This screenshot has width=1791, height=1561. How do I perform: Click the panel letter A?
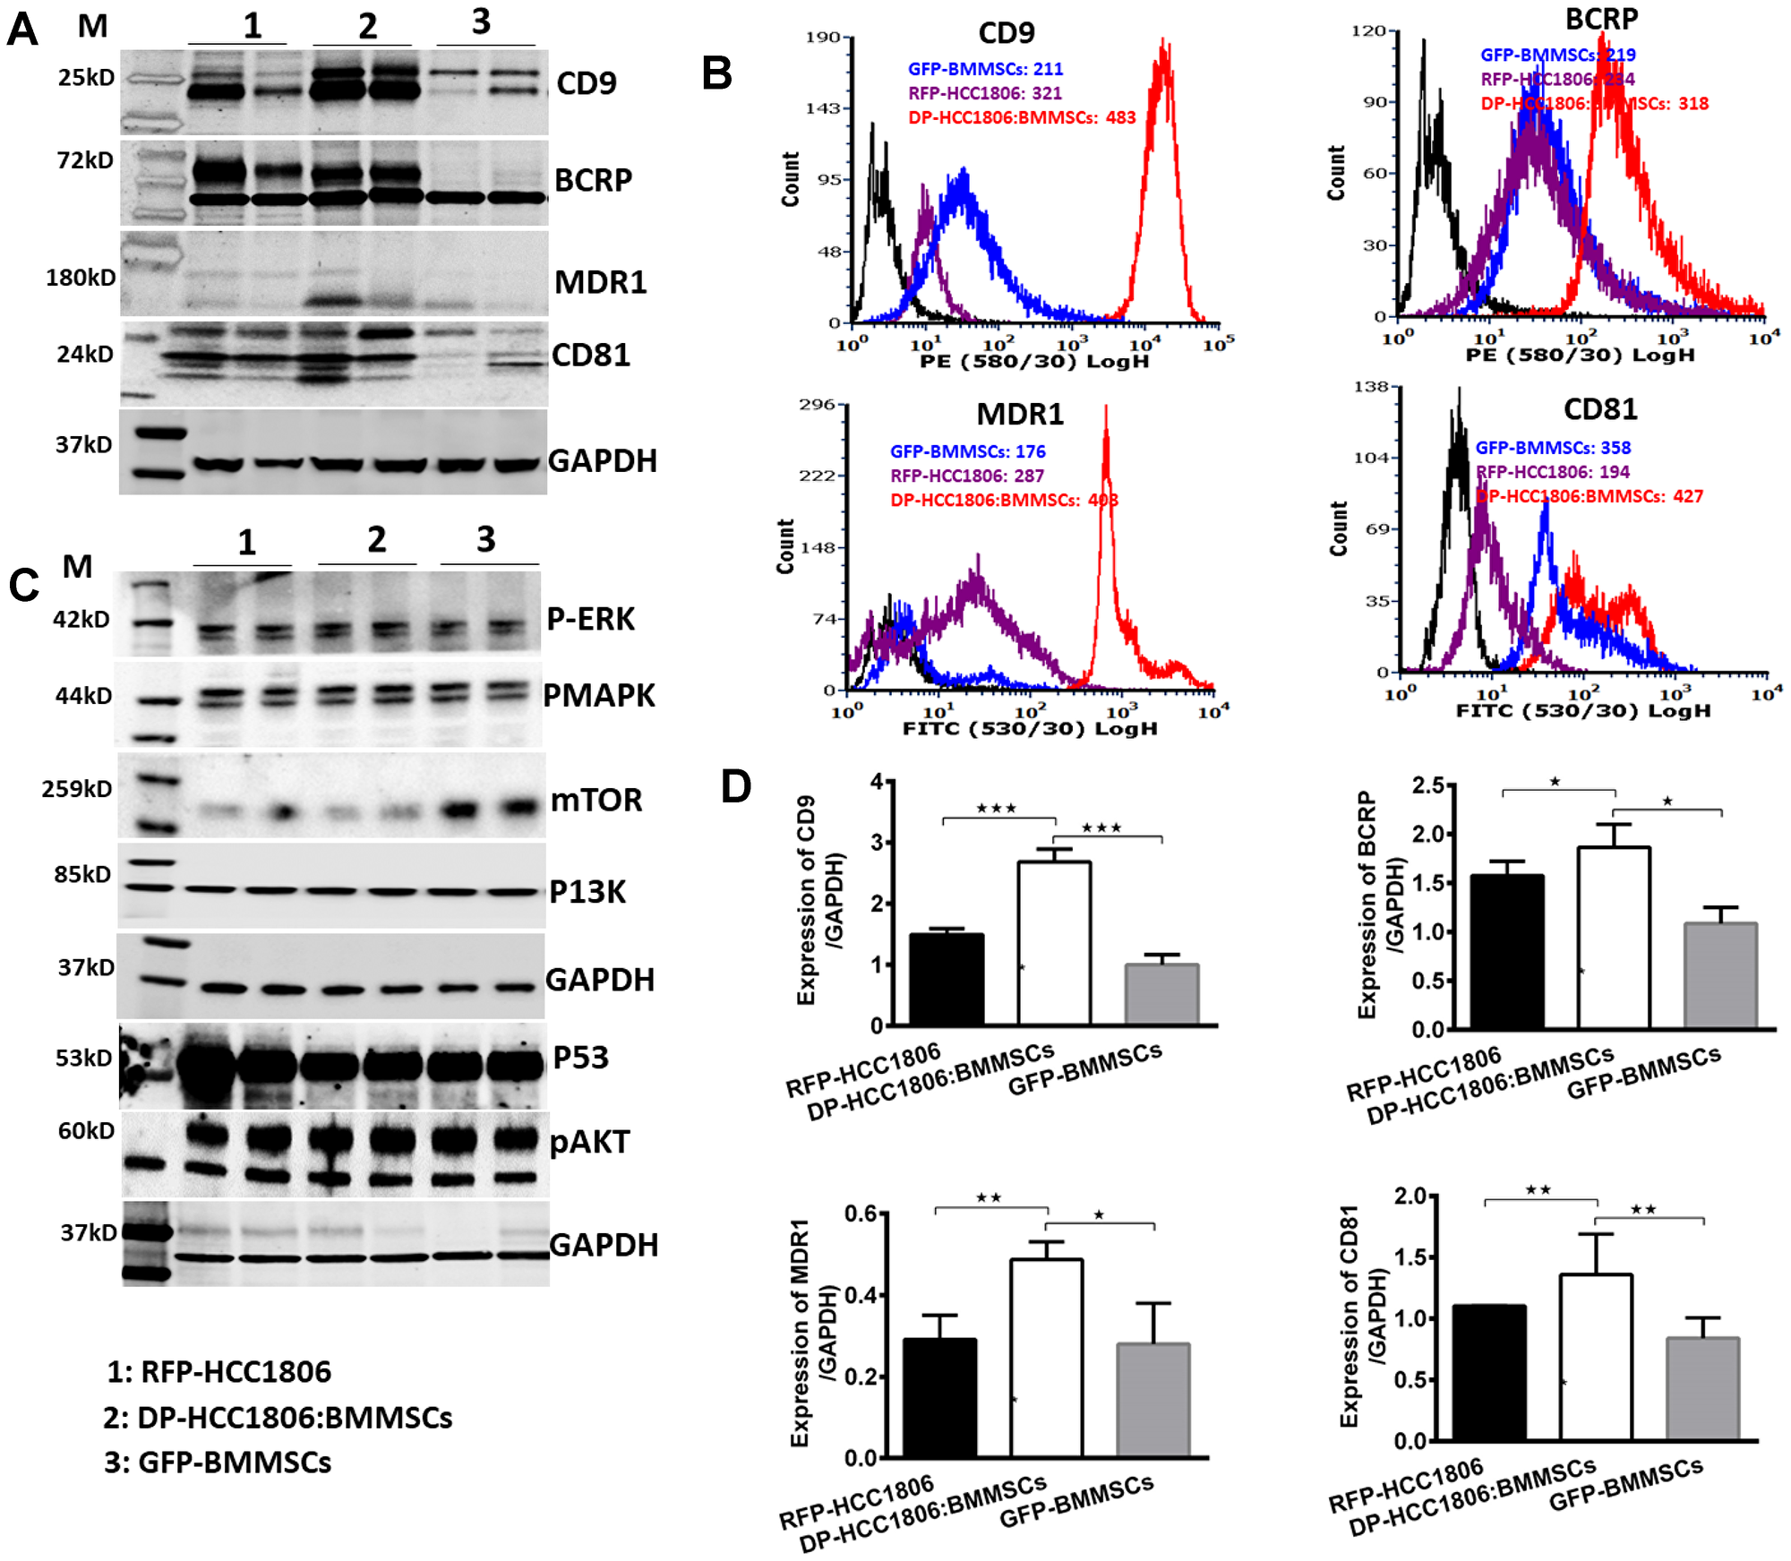click(x=21, y=29)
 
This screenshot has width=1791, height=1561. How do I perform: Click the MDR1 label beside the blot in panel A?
click(x=600, y=282)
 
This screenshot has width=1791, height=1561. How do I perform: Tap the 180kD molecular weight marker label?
click(x=81, y=278)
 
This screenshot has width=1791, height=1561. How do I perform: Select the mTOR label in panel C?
click(x=596, y=800)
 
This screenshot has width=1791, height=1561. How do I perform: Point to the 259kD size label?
click(x=77, y=789)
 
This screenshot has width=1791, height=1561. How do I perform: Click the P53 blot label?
click(x=580, y=1058)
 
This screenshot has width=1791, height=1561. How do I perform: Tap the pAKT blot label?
click(x=589, y=1142)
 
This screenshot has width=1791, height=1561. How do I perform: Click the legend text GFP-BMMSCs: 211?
click(x=985, y=69)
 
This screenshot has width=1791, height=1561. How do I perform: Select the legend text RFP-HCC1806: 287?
click(x=966, y=476)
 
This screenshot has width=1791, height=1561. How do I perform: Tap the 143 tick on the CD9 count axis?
click(x=822, y=108)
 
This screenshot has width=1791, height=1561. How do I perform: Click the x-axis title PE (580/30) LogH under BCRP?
click(x=1580, y=355)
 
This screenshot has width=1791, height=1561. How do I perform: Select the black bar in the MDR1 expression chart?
click(x=939, y=1397)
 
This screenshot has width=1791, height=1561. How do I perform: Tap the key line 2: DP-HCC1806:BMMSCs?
click(x=278, y=1418)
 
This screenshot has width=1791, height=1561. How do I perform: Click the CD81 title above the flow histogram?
click(x=1599, y=409)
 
